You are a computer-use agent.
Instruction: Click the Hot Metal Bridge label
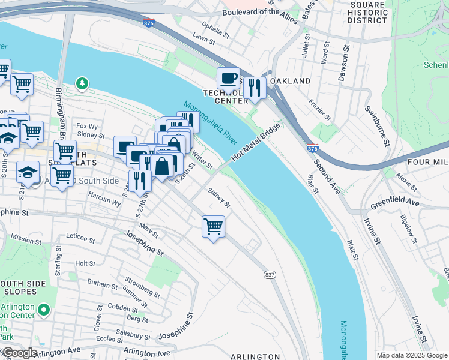click(255, 142)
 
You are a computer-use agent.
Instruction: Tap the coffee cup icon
click(228, 79)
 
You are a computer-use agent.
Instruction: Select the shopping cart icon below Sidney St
click(213, 227)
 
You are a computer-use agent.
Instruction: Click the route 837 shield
click(270, 274)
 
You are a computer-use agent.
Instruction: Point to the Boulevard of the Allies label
click(259, 12)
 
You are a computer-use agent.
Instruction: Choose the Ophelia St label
click(216, 28)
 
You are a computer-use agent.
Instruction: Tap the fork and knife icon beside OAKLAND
click(255, 88)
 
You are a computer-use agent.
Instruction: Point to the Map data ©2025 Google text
click(411, 355)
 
